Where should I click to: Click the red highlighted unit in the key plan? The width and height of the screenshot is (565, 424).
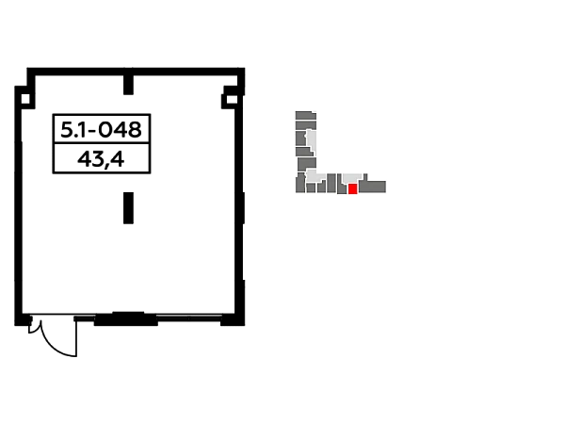(x=352, y=188)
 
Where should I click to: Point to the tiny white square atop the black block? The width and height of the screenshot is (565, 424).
(x=94, y=124)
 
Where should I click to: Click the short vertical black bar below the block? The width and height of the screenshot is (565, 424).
(x=128, y=207)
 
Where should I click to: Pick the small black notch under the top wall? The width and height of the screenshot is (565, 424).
(x=128, y=90)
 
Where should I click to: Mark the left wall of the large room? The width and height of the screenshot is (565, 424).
(x=15, y=207)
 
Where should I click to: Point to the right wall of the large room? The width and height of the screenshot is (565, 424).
(x=241, y=207)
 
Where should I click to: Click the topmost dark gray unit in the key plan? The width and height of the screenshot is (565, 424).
(x=304, y=115)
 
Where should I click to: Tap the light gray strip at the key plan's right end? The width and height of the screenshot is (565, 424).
(x=389, y=188)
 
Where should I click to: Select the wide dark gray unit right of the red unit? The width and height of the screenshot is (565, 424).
(x=372, y=187)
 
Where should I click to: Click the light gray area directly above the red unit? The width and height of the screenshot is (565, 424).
(x=351, y=178)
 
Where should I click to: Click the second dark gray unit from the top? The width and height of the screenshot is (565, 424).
(x=305, y=124)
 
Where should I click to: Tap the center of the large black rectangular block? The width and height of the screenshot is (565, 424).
(x=102, y=147)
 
